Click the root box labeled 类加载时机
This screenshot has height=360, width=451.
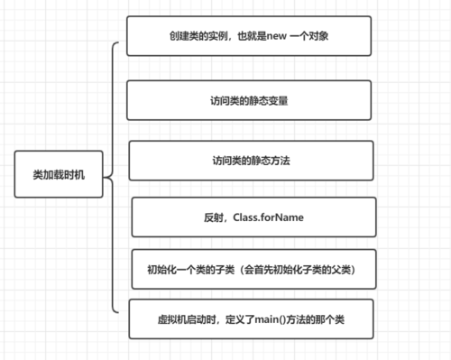[60, 175]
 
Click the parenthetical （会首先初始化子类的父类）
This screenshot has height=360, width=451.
[297, 270]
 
